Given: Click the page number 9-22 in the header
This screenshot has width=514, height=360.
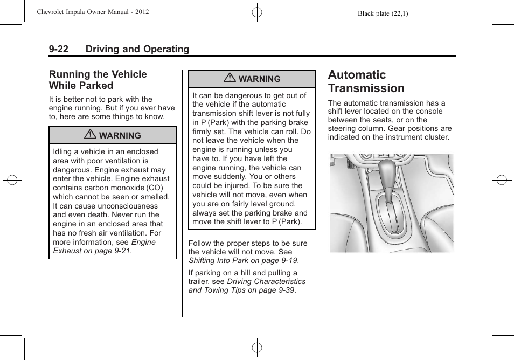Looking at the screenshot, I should pyautogui.click(x=58, y=49).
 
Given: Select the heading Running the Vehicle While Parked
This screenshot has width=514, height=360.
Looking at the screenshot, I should pyautogui.click(x=98, y=80).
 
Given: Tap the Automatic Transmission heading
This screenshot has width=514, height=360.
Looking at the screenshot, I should pyautogui.click(x=366, y=81).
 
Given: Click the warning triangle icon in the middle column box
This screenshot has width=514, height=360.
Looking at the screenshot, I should pyautogui.click(x=230, y=79).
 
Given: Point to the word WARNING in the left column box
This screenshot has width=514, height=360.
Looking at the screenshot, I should pyautogui.click(x=120, y=136).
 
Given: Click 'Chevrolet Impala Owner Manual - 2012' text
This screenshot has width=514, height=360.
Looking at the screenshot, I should pyautogui.click(x=93, y=12).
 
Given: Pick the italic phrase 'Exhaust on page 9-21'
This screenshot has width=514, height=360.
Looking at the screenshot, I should pyautogui.click(x=92, y=251).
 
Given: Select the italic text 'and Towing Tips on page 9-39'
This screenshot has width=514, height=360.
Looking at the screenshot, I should pyautogui.click(x=241, y=290).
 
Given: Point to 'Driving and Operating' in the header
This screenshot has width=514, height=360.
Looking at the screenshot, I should pyautogui.click(x=137, y=49).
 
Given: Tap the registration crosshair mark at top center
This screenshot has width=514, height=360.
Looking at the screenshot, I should pyautogui.click(x=257, y=11).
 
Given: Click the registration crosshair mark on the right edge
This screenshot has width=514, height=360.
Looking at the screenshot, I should pyautogui.click(x=502, y=181).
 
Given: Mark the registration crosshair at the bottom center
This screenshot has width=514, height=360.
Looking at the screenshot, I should pyautogui.click(x=257, y=348).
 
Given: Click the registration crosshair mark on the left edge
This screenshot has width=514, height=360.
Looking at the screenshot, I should pyautogui.click(x=12, y=181).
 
